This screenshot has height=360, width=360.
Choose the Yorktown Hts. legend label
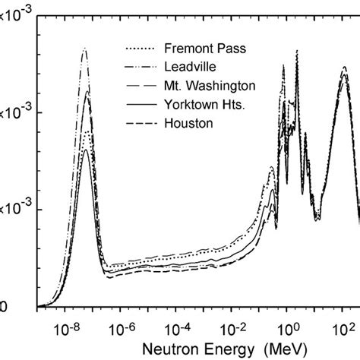point(201,103)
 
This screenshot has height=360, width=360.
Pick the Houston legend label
point(185,122)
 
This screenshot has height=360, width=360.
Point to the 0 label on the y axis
point(3,307)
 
